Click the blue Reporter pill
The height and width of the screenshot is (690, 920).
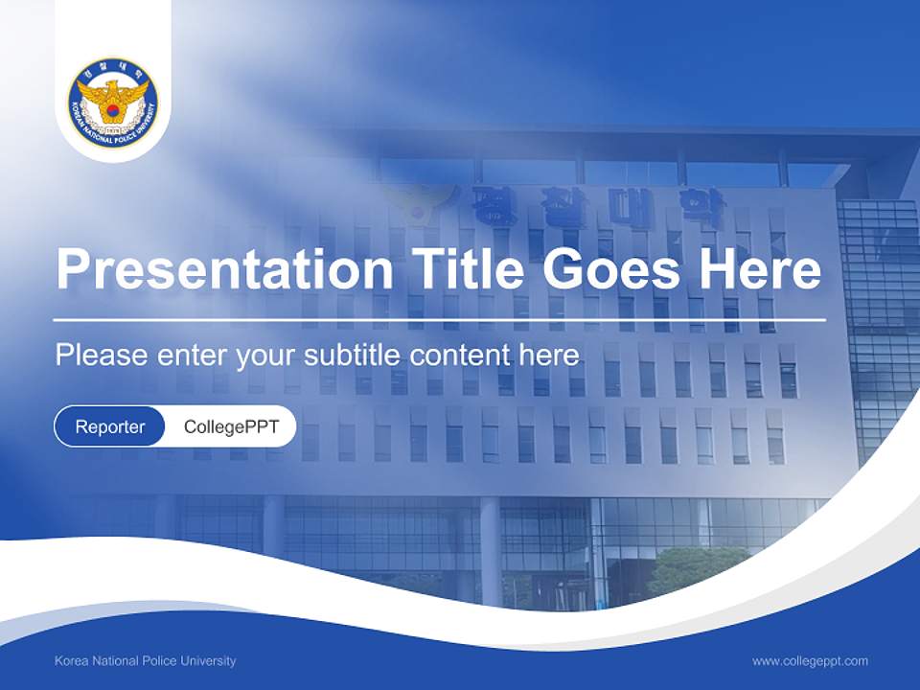click(110, 426)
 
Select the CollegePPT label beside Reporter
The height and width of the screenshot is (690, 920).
click(231, 426)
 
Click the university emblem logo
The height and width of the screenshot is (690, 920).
click(113, 103)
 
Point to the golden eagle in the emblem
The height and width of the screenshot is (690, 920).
click(113, 98)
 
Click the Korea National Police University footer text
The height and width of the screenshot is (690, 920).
click(146, 661)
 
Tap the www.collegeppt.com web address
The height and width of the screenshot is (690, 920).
click(810, 661)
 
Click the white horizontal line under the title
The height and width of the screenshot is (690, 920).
click(439, 319)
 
